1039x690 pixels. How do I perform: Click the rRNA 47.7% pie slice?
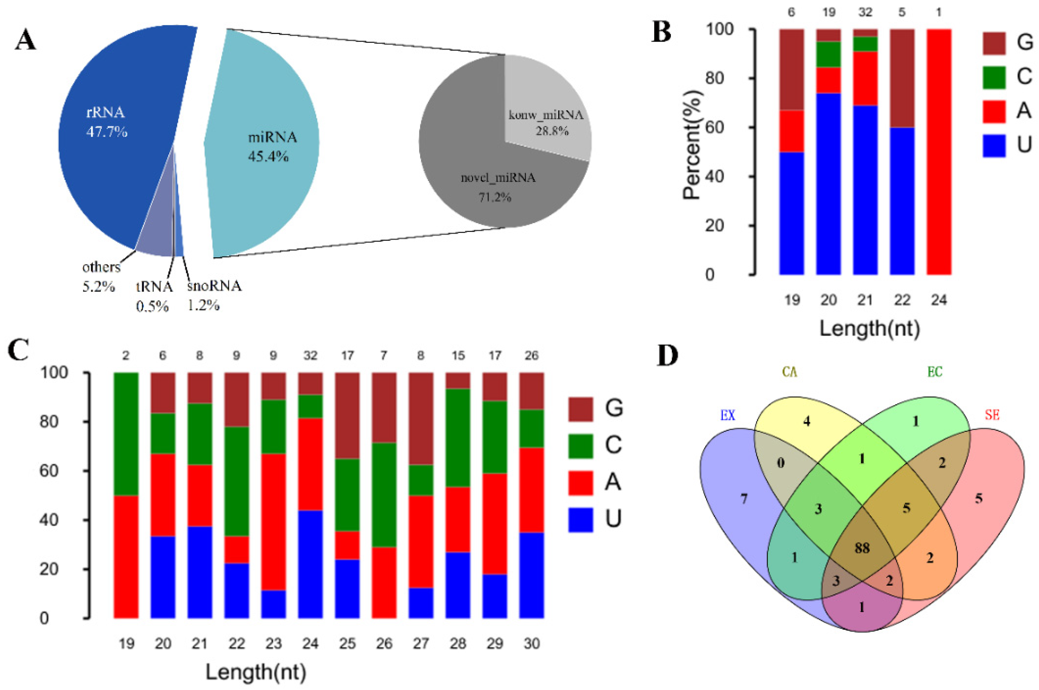pyautogui.click(x=114, y=145)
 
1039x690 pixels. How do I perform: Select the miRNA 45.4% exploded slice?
pyautogui.click(x=264, y=145)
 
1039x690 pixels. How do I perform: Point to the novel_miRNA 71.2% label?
pyautogui.click(x=498, y=178)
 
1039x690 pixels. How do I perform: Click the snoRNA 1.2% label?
pyautogui.click(x=214, y=286)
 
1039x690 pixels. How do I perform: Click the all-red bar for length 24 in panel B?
pyautogui.click(x=939, y=152)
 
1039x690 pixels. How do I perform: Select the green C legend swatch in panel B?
pyautogui.click(x=994, y=77)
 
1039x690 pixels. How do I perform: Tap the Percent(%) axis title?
pyautogui.click(x=691, y=145)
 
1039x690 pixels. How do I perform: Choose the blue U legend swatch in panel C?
pyautogui.click(x=580, y=520)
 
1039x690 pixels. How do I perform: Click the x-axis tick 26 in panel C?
pyautogui.click(x=384, y=644)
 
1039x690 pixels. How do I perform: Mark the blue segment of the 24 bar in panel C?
pyautogui.click(x=310, y=564)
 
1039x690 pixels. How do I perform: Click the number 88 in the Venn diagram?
pyautogui.click(x=862, y=548)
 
